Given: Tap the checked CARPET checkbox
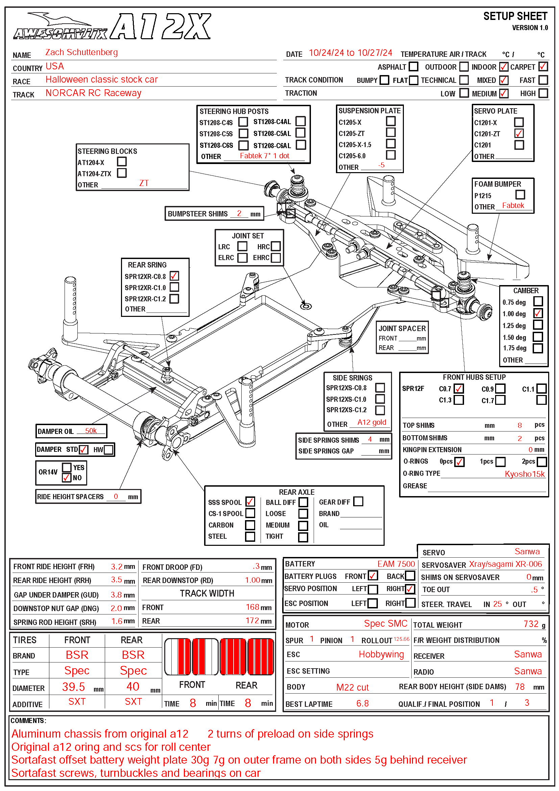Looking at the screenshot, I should click(x=543, y=67).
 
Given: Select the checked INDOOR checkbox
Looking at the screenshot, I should click(x=503, y=67).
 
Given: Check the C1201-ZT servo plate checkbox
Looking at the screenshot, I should click(x=519, y=133).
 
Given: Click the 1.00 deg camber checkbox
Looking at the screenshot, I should click(x=538, y=313).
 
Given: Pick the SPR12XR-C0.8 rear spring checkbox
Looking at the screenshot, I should click(x=174, y=276).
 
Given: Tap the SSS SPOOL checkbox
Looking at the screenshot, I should click(x=250, y=502).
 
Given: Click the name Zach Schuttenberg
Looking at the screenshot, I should click(x=81, y=52).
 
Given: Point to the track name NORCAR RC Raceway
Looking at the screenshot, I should click(x=93, y=93).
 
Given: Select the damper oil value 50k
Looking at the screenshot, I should click(x=91, y=431).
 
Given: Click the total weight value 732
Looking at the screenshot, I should click(x=531, y=624).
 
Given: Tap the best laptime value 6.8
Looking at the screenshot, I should click(x=362, y=703).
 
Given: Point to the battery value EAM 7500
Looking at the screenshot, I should click(x=396, y=564).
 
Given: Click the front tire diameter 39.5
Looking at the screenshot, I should click(x=73, y=687).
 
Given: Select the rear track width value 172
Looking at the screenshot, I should click(x=252, y=621).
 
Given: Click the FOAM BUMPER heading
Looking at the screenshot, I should click(x=497, y=184).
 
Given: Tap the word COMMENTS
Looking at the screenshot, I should click(x=28, y=721).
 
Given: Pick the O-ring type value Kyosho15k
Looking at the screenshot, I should click(x=525, y=474).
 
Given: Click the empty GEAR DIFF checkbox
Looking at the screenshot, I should click(x=358, y=501).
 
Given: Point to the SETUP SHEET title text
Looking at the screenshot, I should click(x=515, y=16).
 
